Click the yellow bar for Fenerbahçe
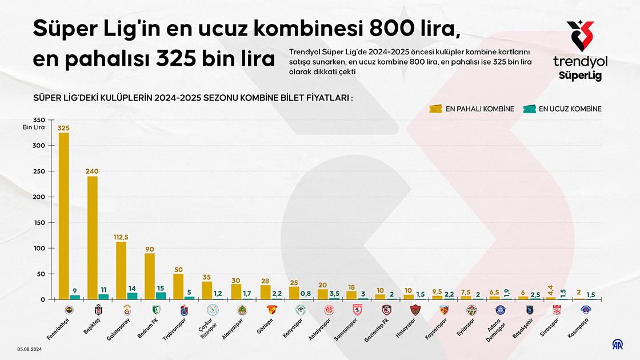[x=64, y=216]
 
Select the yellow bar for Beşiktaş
[x=93, y=238]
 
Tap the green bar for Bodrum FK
[x=161, y=295]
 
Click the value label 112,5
[x=121, y=237]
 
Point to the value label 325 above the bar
[x=64, y=127]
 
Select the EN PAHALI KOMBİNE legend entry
[x=472, y=109]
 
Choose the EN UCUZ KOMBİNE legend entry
[x=562, y=109]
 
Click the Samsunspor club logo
[x=358, y=310]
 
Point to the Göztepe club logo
[x=271, y=310]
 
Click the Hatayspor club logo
[x=415, y=310]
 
